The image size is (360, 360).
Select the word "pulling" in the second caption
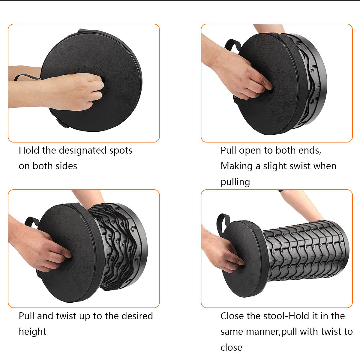(x=235, y=182)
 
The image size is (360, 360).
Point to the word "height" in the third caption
(x=32, y=331)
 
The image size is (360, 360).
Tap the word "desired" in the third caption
(x=137, y=316)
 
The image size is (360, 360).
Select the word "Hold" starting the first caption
(x=29, y=150)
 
